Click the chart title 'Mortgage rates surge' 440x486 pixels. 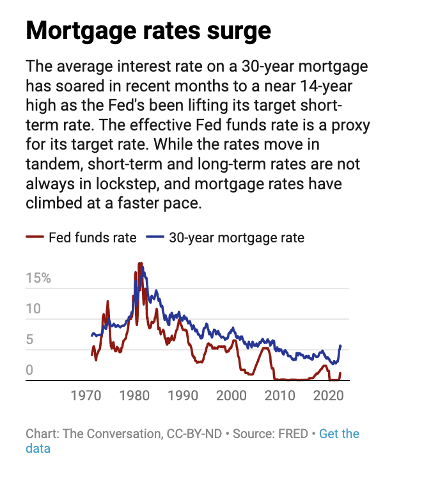(x=148, y=31)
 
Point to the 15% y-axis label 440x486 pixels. (x=38, y=279)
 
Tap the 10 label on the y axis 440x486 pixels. (x=33, y=309)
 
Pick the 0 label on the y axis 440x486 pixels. (x=29, y=370)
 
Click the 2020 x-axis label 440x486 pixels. (x=329, y=395)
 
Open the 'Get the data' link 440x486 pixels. (x=339, y=434)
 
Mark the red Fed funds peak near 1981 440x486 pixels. (x=140, y=263)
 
